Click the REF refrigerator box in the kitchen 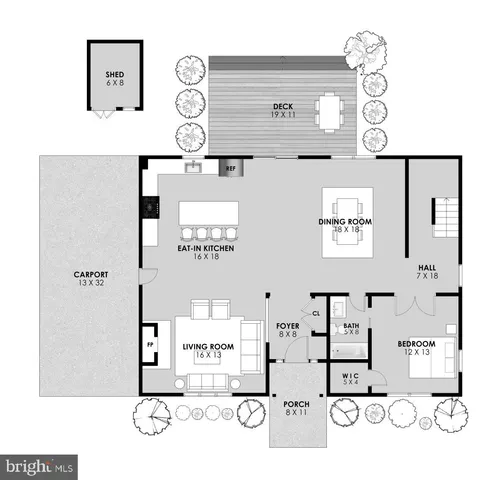(x=228, y=170)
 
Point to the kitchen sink (x=193, y=168)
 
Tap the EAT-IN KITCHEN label (x=206, y=253)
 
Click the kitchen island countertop (x=209, y=212)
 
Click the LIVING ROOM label (x=208, y=351)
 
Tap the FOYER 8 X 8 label (x=287, y=330)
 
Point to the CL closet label (x=316, y=312)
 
